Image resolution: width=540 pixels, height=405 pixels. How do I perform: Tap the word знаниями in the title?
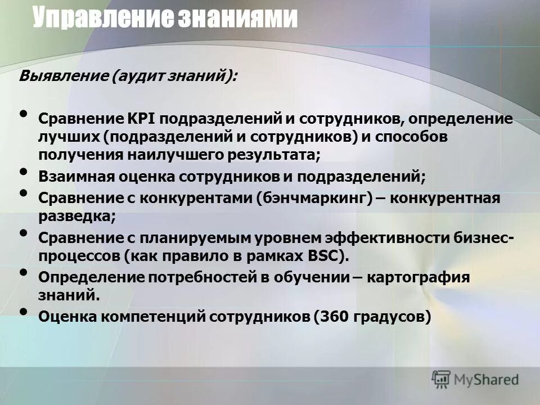(x=237, y=18)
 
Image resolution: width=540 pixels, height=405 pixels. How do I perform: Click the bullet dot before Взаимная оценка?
(x=23, y=172)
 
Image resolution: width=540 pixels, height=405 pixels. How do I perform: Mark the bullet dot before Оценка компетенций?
(x=23, y=313)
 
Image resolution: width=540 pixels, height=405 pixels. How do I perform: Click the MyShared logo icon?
(x=442, y=380)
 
